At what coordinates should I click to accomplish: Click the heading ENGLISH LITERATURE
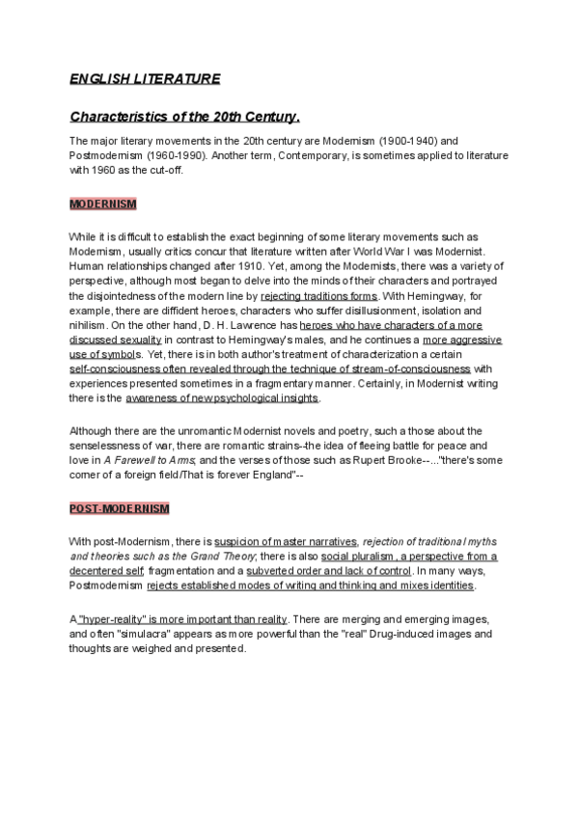pos(145,78)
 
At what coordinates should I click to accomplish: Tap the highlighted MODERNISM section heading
pos(103,204)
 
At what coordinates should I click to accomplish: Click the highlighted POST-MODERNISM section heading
pos(119,508)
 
